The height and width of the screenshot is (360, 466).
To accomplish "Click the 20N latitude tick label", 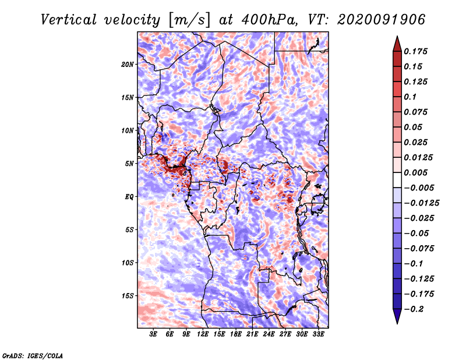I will [x=128, y=64].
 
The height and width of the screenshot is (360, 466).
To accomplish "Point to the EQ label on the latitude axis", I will [x=129, y=196].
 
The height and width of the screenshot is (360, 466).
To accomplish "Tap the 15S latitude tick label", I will [x=128, y=295].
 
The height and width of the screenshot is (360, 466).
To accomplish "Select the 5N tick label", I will [x=129, y=163].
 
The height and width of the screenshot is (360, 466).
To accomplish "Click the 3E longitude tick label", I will [x=154, y=334].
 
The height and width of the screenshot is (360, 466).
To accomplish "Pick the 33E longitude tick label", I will [x=319, y=334].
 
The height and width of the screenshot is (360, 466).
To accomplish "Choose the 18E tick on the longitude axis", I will [x=236, y=334].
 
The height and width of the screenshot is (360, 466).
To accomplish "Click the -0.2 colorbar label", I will [x=416, y=309].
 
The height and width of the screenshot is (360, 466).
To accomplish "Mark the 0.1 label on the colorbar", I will [x=411, y=97].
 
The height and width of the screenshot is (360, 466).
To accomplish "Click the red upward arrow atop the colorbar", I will [x=397, y=42].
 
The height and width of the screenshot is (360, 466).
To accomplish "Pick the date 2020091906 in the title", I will [x=373, y=19].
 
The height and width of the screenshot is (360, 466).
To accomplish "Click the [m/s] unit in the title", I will [x=188, y=19].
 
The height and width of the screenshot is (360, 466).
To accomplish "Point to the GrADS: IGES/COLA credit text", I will [x=33, y=354].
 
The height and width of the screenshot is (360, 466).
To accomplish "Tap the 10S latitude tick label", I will [x=128, y=263].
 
